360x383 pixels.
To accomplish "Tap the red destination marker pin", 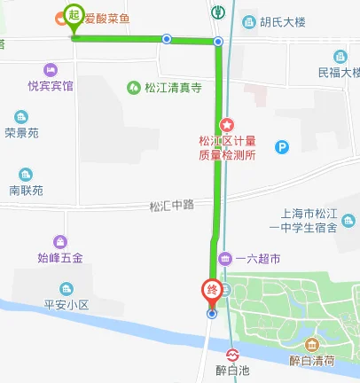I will coord(211,291).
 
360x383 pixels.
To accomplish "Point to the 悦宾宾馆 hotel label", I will coord(51,86).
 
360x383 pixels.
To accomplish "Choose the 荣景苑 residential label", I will coord(21,132).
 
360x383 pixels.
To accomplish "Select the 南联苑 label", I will coord(26,190).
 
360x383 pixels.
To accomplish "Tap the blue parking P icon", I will coord(283,147).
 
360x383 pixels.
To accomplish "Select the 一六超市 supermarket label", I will coord(256,258).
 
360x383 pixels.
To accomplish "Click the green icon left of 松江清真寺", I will coord(133,87).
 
